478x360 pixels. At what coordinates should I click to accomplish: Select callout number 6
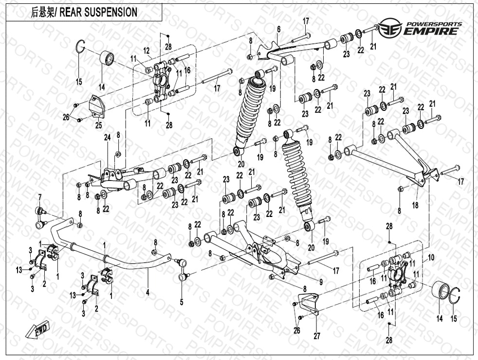coord(279,30)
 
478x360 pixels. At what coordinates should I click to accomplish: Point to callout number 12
coord(146,51)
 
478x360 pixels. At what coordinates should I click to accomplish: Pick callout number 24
coord(107,138)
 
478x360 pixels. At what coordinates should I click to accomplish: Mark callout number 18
coord(415,206)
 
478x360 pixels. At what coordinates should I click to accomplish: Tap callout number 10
coord(431,256)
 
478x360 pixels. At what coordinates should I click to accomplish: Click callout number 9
coord(321,282)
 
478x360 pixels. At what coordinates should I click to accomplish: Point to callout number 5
coord(181,302)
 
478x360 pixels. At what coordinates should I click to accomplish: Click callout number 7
coord(40,196)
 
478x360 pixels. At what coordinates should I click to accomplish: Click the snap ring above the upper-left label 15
coord(81,50)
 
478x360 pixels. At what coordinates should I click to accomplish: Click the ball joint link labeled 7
coord(40,217)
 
